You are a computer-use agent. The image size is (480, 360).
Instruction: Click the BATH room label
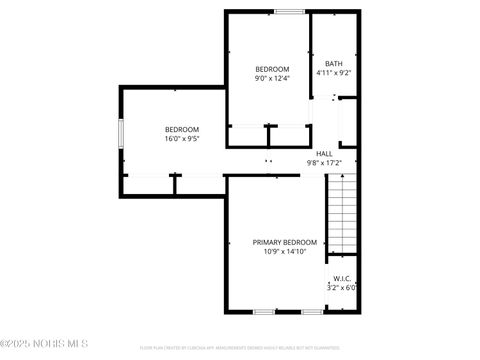[x=332, y=64]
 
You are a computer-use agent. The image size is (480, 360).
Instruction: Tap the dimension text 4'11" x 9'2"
[x=332, y=73]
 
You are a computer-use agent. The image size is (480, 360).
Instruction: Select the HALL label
[x=324, y=153]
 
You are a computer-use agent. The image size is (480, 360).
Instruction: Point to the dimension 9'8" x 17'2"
[x=324, y=162]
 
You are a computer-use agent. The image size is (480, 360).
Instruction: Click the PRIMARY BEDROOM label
[x=284, y=243]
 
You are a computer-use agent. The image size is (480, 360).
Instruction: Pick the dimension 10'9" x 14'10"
[x=284, y=252]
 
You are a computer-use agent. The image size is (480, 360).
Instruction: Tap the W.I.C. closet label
[x=341, y=278]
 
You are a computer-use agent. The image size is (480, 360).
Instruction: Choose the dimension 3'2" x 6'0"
[x=341, y=287]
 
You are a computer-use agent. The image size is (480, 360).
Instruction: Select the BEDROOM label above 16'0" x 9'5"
[x=182, y=129]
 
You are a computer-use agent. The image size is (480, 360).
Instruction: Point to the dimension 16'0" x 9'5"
[x=182, y=138]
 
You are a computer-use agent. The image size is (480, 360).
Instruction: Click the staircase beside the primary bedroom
[x=342, y=215]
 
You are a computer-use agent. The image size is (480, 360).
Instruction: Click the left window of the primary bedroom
[x=264, y=312]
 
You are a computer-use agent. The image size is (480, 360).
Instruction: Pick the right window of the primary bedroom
[x=312, y=312]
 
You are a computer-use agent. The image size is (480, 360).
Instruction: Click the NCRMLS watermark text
[x=32, y=350]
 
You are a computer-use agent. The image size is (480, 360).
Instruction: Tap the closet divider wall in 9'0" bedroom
[x=267, y=135]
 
